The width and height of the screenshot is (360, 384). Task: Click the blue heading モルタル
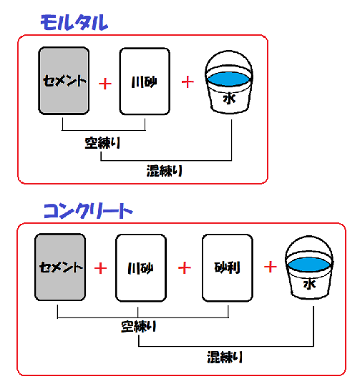click(74, 22)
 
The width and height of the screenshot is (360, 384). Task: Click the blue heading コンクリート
click(88, 211)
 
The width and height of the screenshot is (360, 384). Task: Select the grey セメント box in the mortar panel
click(64, 81)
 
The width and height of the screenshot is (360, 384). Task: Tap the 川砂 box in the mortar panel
click(145, 82)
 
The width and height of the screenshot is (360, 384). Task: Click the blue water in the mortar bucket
click(228, 79)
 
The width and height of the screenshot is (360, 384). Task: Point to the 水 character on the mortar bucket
click(229, 98)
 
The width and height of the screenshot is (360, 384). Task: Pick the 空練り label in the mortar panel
click(102, 143)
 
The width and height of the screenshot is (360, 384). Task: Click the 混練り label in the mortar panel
click(164, 170)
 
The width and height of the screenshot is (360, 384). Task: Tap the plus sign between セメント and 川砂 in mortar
click(105, 84)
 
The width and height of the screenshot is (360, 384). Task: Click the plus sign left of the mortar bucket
click(188, 82)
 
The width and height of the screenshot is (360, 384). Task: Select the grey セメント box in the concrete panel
click(60, 267)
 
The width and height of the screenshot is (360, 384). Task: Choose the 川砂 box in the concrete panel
click(141, 268)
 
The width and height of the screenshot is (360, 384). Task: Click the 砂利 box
click(228, 267)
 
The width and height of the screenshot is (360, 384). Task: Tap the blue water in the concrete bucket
click(309, 265)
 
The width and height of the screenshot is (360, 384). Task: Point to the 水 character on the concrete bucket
click(309, 284)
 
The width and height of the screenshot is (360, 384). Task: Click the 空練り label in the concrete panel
click(138, 327)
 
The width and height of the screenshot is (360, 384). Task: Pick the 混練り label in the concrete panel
click(225, 357)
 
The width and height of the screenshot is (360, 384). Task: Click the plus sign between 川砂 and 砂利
click(185, 267)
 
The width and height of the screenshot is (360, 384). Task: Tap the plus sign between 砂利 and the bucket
click(271, 267)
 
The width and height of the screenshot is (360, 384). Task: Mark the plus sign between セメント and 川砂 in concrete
click(100, 268)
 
